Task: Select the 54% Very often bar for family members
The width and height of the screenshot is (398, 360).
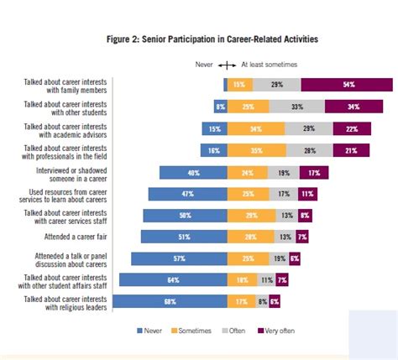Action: tap(347, 84)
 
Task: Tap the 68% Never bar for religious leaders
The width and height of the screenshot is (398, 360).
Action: tap(170, 300)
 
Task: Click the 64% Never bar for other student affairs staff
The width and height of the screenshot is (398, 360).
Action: tap(173, 279)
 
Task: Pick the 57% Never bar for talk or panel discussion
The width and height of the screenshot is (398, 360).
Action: tap(178, 258)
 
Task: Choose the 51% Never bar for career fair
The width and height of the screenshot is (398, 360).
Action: tap(184, 237)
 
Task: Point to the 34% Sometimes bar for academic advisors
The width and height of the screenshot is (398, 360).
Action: tap(255, 128)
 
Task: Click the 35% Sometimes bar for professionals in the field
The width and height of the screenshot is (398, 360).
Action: tap(255, 149)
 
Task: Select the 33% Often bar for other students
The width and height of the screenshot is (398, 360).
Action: tap(296, 106)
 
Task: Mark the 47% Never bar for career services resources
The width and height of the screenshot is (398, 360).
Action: tap(187, 193)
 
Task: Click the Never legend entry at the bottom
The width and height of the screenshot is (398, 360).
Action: tap(150, 331)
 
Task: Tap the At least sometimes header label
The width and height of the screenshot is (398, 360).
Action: tap(270, 64)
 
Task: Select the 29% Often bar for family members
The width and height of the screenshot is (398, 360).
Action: tap(276, 84)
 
